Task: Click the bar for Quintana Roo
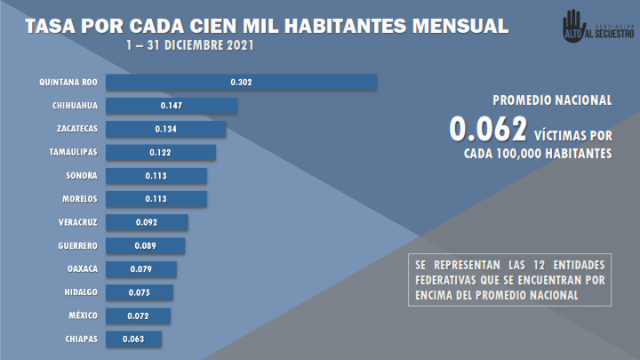(241, 83)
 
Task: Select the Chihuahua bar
(171, 106)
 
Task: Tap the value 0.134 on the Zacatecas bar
(165, 129)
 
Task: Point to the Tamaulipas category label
(73, 152)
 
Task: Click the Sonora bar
(156, 175)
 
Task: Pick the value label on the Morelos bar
(156, 198)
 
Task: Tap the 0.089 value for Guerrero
(146, 245)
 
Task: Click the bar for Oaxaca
(140, 268)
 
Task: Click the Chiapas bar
(133, 339)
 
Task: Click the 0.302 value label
(241, 83)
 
